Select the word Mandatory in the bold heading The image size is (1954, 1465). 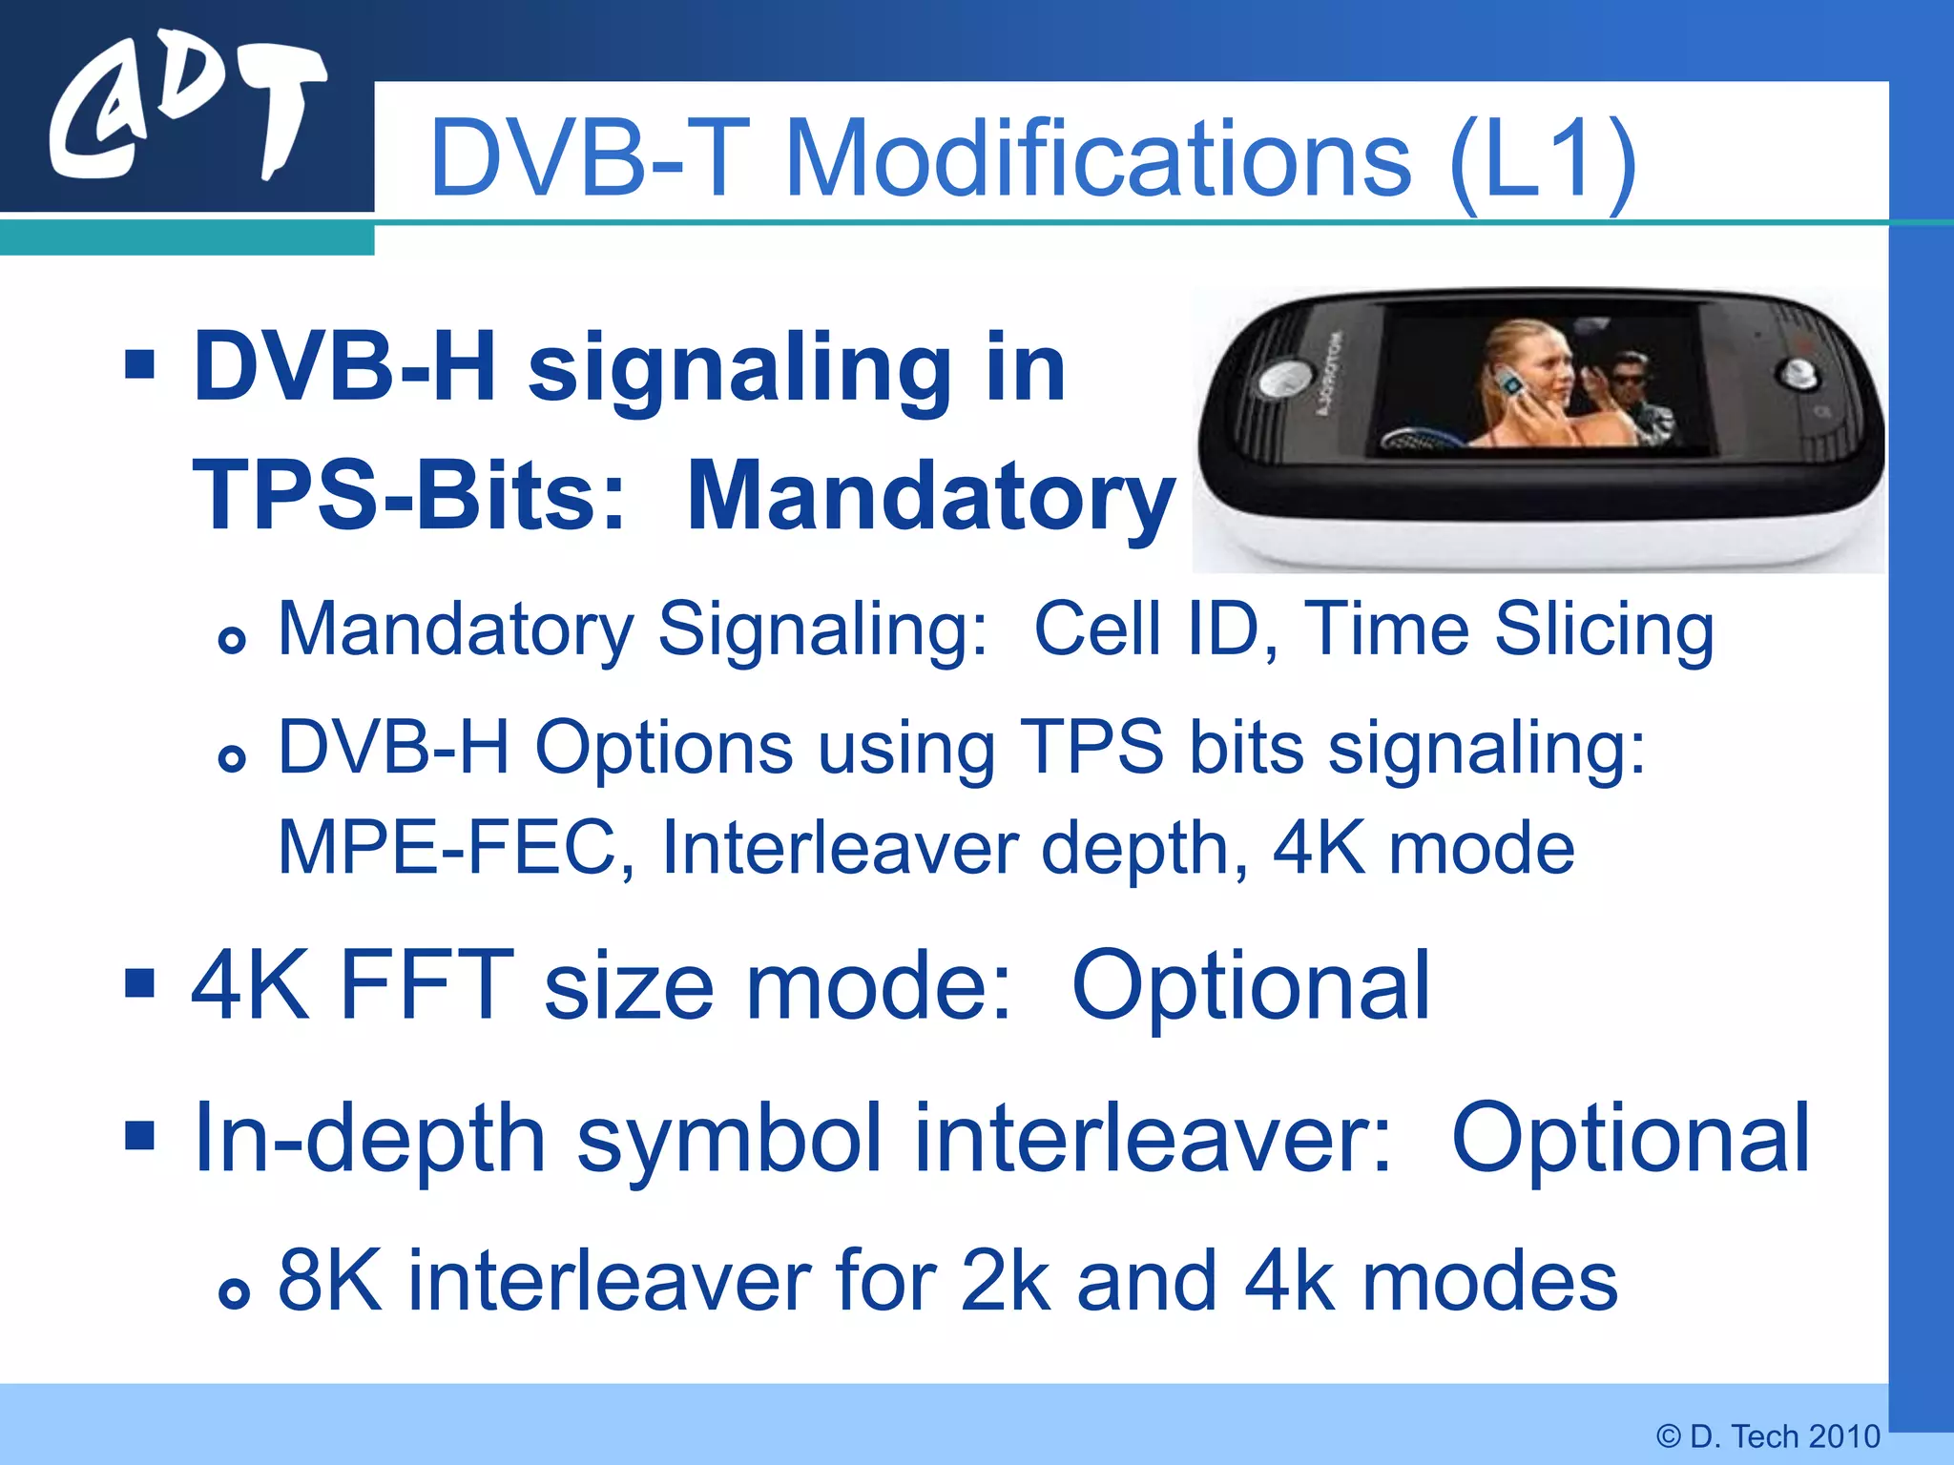(x=930, y=497)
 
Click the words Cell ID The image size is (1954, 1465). (x=1154, y=629)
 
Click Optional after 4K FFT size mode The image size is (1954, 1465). (x=1251, y=984)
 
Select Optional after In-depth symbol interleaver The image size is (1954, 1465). (x=1630, y=1137)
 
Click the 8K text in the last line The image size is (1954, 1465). (x=330, y=1281)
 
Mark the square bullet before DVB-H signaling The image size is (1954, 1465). (x=139, y=363)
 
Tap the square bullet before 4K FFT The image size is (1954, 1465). (x=139, y=982)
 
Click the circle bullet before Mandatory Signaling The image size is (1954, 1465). (x=232, y=639)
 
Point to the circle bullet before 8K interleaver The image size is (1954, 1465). (x=233, y=1291)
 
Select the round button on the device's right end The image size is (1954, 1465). (x=1797, y=375)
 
